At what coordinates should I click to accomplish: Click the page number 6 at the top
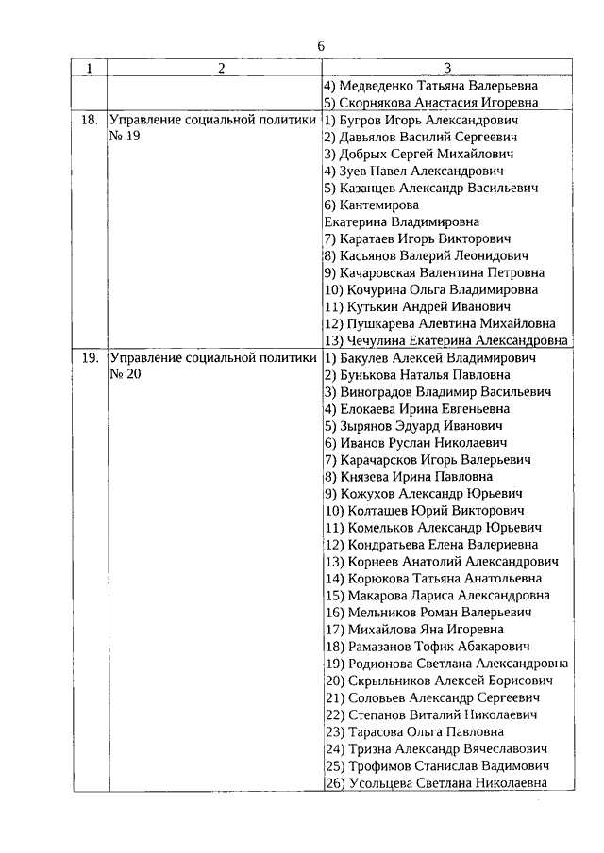click(321, 46)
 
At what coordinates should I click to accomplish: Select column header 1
click(90, 69)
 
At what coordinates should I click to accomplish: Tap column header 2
click(220, 69)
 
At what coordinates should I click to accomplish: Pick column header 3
click(447, 69)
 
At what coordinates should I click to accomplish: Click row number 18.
click(91, 121)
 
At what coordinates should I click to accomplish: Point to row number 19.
click(91, 358)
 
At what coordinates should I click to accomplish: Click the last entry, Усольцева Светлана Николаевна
click(447, 782)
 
